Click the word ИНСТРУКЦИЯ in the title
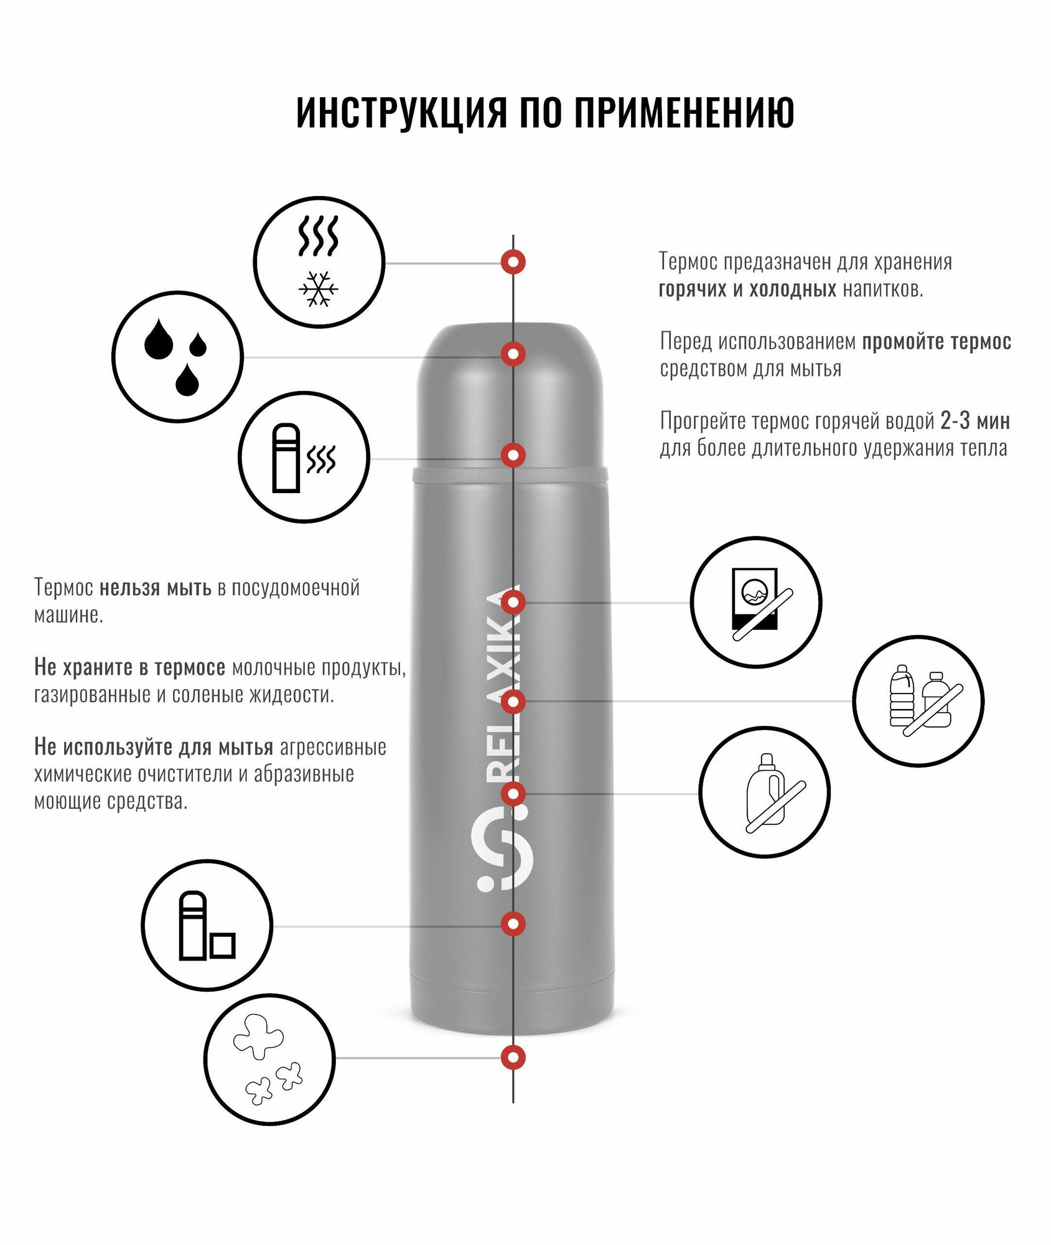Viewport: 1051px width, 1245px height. (401, 113)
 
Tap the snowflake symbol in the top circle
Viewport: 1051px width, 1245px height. (319, 289)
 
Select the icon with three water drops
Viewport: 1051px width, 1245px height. (177, 357)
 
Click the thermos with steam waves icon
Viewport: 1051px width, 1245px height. (304, 458)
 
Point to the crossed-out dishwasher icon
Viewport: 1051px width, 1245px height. (756, 603)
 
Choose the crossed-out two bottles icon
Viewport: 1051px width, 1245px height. (918, 701)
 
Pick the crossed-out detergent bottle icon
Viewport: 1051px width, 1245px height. (765, 792)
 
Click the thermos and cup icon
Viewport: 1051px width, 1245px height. (207, 926)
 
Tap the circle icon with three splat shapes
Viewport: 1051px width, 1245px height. (269, 1059)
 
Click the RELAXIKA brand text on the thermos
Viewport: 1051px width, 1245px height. (503, 685)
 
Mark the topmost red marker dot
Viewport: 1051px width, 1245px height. (513, 262)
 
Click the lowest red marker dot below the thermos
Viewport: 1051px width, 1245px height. (513, 1057)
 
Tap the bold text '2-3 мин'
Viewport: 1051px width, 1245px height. (975, 421)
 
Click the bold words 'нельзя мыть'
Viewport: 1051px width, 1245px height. (156, 588)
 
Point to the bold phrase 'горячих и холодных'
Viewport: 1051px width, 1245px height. (747, 289)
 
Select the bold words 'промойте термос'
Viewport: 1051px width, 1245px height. (937, 342)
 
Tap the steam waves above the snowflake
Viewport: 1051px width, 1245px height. (318, 236)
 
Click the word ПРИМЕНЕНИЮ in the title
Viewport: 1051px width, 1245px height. (684, 113)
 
